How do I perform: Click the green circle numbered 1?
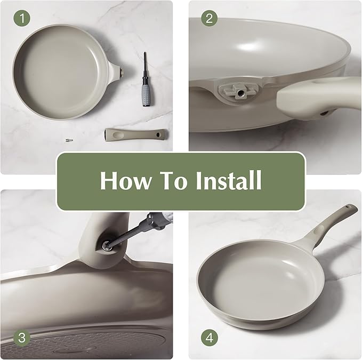[22, 18]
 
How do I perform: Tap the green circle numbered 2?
[209, 18]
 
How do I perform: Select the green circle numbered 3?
[22, 338]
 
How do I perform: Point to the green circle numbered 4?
[210, 338]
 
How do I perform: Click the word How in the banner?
[125, 180]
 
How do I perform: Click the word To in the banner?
[175, 180]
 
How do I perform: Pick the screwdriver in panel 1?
[146, 79]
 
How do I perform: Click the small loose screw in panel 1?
[69, 140]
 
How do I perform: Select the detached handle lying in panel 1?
[136, 134]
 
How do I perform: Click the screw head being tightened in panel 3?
[107, 245]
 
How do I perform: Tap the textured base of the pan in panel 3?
[88, 344]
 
